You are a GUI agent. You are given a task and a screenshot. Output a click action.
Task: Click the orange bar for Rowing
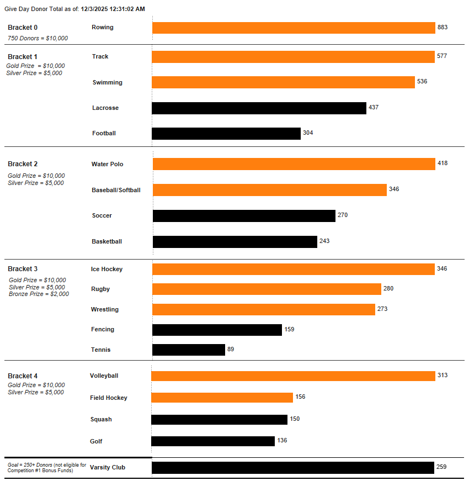(294, 28)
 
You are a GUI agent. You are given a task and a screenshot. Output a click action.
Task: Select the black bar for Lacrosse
(259, 108)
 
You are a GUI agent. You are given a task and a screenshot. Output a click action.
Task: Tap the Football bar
(226, 134)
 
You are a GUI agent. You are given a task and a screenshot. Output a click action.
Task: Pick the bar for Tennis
(189, 350)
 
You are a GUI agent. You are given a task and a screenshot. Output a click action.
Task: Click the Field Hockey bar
(222, 398)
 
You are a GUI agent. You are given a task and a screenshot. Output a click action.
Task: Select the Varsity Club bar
(293, 468)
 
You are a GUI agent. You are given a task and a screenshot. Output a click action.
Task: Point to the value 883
(443, 27)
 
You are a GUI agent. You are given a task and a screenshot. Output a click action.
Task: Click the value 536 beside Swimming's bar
(422, 82)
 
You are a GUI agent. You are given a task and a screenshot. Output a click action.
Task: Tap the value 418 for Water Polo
(443, 163)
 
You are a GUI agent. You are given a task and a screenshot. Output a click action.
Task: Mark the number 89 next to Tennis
(231, 350)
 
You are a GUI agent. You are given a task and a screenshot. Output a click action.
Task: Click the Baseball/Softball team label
(116, 191)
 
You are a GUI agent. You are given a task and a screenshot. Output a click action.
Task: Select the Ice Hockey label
(107, 270)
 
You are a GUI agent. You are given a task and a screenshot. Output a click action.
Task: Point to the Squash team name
(101, 420)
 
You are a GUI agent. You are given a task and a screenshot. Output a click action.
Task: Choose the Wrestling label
(105, 310)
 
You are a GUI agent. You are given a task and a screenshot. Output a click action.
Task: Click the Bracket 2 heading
(23, 164)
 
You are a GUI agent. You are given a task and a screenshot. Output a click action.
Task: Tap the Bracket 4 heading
(23, 376)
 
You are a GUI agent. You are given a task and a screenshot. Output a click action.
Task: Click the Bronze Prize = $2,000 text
(39, 294)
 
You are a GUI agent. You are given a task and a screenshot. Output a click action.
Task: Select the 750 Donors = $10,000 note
(38, 38)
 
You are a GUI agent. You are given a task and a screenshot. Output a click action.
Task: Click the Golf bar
(213, 441)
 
